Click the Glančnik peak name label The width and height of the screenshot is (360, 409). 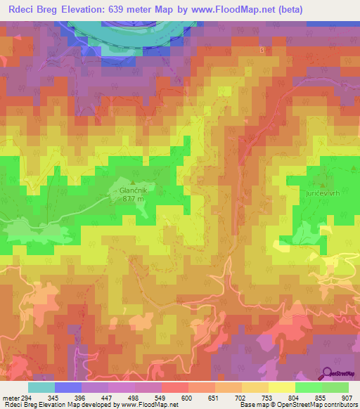click(132, 190)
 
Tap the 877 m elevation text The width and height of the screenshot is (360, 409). click(132, 199)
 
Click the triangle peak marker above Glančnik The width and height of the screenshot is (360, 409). click(132, 183)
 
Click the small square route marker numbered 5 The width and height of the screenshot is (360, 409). click(262, 51)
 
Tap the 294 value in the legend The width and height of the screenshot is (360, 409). click(25, 398)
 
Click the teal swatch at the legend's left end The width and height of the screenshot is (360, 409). click(41, 387)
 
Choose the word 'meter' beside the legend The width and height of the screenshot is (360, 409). click(9, 398)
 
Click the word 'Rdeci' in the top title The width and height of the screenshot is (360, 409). click(22, 9)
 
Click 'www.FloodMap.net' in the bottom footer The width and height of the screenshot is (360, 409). click(149, 405)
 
